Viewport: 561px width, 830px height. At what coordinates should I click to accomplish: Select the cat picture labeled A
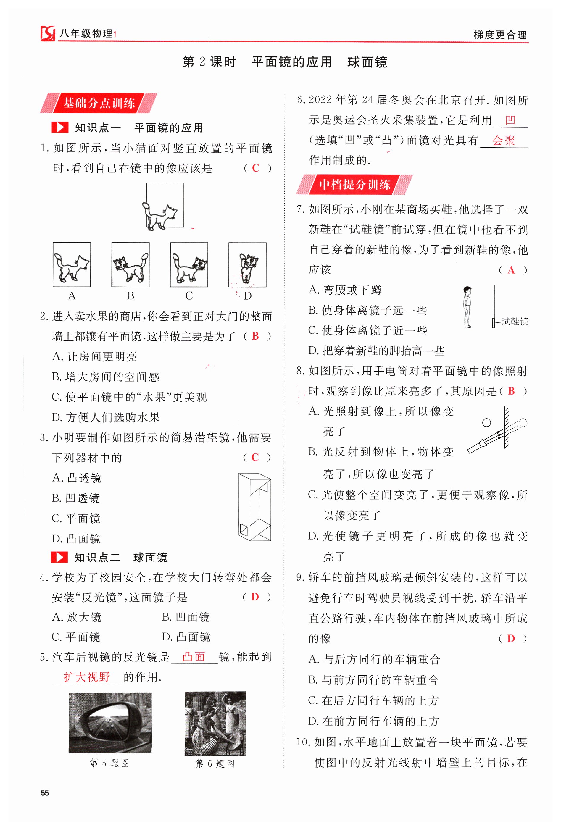(72, 265)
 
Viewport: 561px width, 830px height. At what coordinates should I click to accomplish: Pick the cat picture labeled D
(247, 265)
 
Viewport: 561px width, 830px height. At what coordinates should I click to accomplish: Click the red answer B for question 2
(255, 336)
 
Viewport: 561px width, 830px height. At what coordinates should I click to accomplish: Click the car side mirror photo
(110, 723)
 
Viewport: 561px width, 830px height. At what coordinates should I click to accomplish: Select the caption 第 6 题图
(215, 763)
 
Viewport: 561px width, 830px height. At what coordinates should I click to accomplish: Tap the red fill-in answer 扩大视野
(87, 676)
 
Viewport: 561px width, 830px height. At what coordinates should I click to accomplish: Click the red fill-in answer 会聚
(504, 141)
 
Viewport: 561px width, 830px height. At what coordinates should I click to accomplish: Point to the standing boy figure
(467, 307)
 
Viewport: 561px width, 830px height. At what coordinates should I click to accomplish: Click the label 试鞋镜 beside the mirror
(515, 322)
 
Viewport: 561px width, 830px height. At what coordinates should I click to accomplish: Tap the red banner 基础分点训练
(99, 103)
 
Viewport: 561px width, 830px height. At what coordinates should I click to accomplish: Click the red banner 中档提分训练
(354, 185)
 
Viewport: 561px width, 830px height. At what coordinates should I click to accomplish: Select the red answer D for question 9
(511, 639)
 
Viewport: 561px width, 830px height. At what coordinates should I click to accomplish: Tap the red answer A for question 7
(511, 270)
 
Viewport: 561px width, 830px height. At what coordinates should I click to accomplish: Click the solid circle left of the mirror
(486, 422)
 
